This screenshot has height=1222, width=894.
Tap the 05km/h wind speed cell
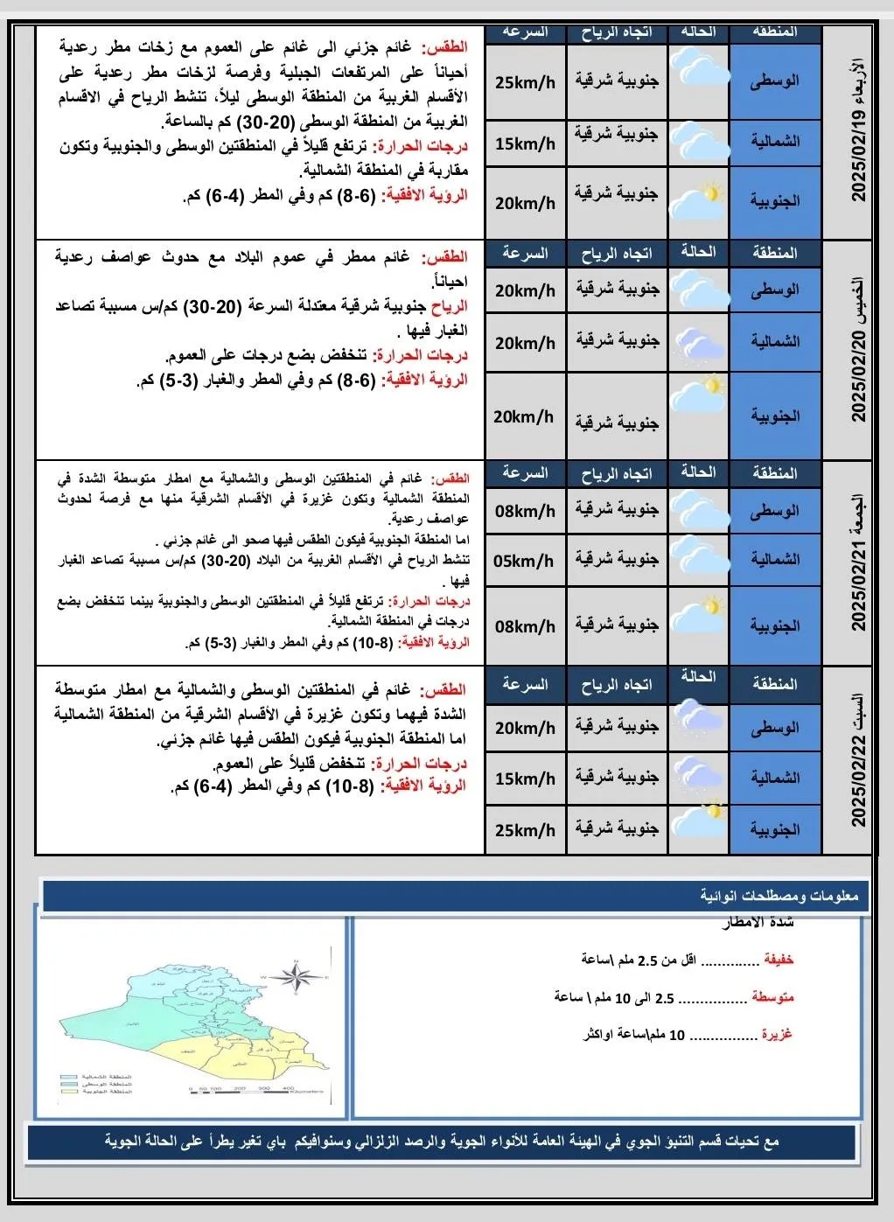tap(524, 561)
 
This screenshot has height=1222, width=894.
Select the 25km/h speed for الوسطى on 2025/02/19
tap(525, 83)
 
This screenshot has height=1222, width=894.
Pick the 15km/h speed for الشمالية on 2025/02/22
tap(525, 779)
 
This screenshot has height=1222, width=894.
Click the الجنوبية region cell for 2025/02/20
tap(775, 416)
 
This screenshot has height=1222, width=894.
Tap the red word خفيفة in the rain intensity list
tap(778, 960)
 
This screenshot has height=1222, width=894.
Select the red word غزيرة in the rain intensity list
tap(776, 1034)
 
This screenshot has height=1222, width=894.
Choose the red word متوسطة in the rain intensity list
tap(772, 997)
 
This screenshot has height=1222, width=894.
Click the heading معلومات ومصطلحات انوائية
tap(779, 896)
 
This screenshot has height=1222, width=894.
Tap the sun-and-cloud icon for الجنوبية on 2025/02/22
tap(699, 824)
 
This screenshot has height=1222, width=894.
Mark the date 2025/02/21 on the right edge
tap(858, 585)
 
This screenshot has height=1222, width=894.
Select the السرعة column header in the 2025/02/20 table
tap(525, 254)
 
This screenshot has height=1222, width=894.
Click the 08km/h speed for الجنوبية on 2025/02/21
tap(525, 626)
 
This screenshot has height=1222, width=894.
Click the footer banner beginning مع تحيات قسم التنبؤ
tap(442, 1142)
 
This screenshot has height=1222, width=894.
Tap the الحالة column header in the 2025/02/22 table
tap(698, 677)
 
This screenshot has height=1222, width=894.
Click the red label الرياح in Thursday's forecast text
tap(449, 306)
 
